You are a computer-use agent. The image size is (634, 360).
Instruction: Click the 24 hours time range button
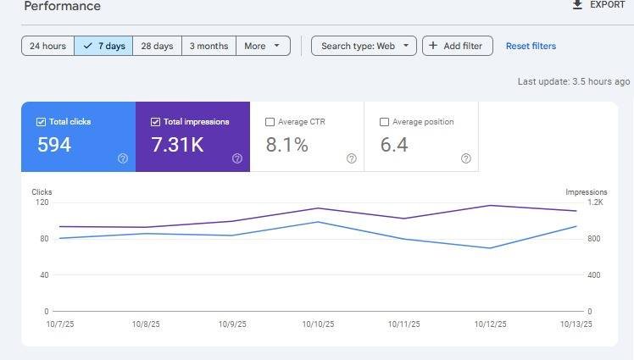click(x=47, y=46)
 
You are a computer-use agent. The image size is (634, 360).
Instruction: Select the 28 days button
click(x=158, y=46)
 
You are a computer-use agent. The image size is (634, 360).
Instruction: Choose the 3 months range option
click(x=209, y=46)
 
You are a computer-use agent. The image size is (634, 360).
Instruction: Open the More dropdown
click(x=263, y=46)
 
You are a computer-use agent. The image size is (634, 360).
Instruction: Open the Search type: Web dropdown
click(x=364, y=46)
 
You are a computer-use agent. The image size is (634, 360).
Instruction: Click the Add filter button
click(x=458, y=46)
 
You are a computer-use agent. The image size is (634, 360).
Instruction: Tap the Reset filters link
click(x=531, y=46)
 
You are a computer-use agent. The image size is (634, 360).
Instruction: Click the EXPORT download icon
click(x=577, y=4)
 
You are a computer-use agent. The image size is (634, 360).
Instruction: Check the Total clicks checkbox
click(x=41, y=122)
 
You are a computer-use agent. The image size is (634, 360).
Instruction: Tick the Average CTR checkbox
click(x=270, y=122)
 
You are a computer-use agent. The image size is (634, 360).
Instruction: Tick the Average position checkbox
click(x=384, y=122)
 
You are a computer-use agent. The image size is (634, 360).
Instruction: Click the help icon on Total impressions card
click(x=237, y=158)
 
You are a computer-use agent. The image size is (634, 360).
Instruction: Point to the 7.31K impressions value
click(x=177, y=145)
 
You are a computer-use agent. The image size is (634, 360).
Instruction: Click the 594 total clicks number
click(x=54, y=145)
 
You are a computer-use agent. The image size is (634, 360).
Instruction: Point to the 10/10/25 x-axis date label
click(x=318, y=324)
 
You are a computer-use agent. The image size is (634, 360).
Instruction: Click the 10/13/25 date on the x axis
click(x=576, y=324)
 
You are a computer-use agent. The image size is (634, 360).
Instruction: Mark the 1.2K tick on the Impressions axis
click(x=595, y=202)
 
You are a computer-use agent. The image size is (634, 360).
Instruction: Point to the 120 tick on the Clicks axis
click(x=42, y=202)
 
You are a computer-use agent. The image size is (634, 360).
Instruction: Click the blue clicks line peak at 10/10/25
click(x=318, y=222)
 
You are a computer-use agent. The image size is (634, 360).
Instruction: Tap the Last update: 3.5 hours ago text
click(x=574, y=81)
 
